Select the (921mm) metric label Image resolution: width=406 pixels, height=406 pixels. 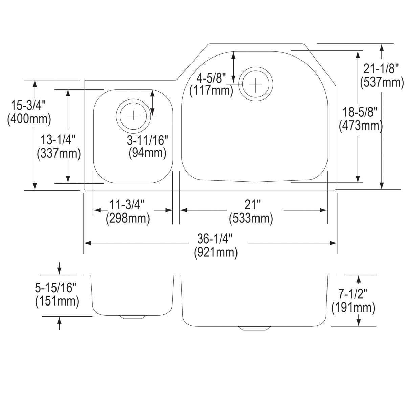(x=216, y=252)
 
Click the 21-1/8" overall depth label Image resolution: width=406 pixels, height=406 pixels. (x=379, y=69)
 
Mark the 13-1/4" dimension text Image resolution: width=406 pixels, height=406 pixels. (x=58, y=140)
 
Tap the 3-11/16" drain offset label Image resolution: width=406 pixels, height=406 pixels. (x=147, y=140)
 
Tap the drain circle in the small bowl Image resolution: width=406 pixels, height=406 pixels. (x=133, y=115)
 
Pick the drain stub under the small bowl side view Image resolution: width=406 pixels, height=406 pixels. (x=133, y=317)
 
